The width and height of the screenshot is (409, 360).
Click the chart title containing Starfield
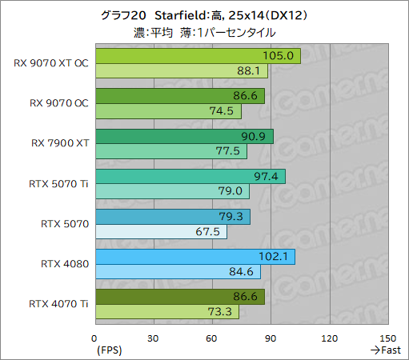[205, 15]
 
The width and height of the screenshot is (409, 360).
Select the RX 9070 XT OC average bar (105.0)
[197, 57]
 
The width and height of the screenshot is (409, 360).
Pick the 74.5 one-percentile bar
[168, 111]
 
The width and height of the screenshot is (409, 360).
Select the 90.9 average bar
[183, 136]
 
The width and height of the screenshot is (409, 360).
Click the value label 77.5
[234, 151]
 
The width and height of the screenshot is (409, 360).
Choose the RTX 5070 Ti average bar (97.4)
[190, 176]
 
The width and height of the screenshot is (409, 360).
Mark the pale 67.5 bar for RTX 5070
[160, 231]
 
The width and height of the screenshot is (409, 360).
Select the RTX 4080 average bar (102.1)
[194, 256]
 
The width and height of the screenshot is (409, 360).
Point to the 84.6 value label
[247, 271]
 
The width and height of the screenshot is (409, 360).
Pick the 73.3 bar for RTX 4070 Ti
[166, 311]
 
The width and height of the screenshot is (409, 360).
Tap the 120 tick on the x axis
[330, 338]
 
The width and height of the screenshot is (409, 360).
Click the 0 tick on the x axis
[95, 338]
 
